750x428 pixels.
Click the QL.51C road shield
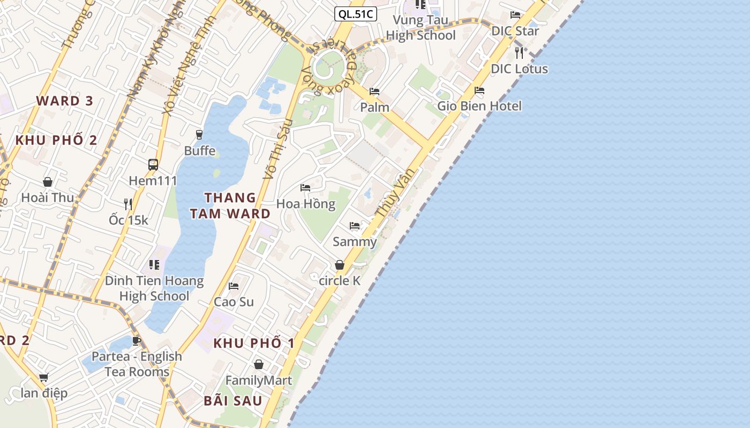pyautogui.click(x=356, y=14)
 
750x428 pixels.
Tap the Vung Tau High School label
pyautogui.click(x=421, y=28)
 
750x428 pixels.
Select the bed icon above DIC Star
pyautogui.click(x=515, y=15)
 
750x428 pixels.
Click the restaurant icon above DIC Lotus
pyautogui.click(x=519, y=52)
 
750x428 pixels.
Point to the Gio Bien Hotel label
pyautogui.click(x=479, y=106)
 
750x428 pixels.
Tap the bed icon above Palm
pyautogui.click(x=374, y=91)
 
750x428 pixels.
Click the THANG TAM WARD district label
pyautogui.click(x=230, y=206)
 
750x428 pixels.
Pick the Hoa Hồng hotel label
pyautogui.click(x=306, y=204)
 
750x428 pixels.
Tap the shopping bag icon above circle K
pyautogui.click(x=339, y=265)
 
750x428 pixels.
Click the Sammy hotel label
pyautogui.click(x=355, y=242)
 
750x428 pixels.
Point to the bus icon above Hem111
pyautogui.click(x=153, y=164)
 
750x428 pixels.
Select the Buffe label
pyautogui.click(x=200, y=151)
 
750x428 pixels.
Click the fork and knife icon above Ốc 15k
pyautogui.click(x=128, y=204)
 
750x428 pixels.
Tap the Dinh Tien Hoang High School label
pyautogui.click(x=154, y=288)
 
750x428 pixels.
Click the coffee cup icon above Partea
pyautogui.click(x=136, y=341)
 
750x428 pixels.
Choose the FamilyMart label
pyautogui.click(x=258, y=380)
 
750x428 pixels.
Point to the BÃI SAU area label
pyautogui.click(x=233, y=401)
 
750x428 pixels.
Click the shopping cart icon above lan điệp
pyautogui.click(x=44, y=377)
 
